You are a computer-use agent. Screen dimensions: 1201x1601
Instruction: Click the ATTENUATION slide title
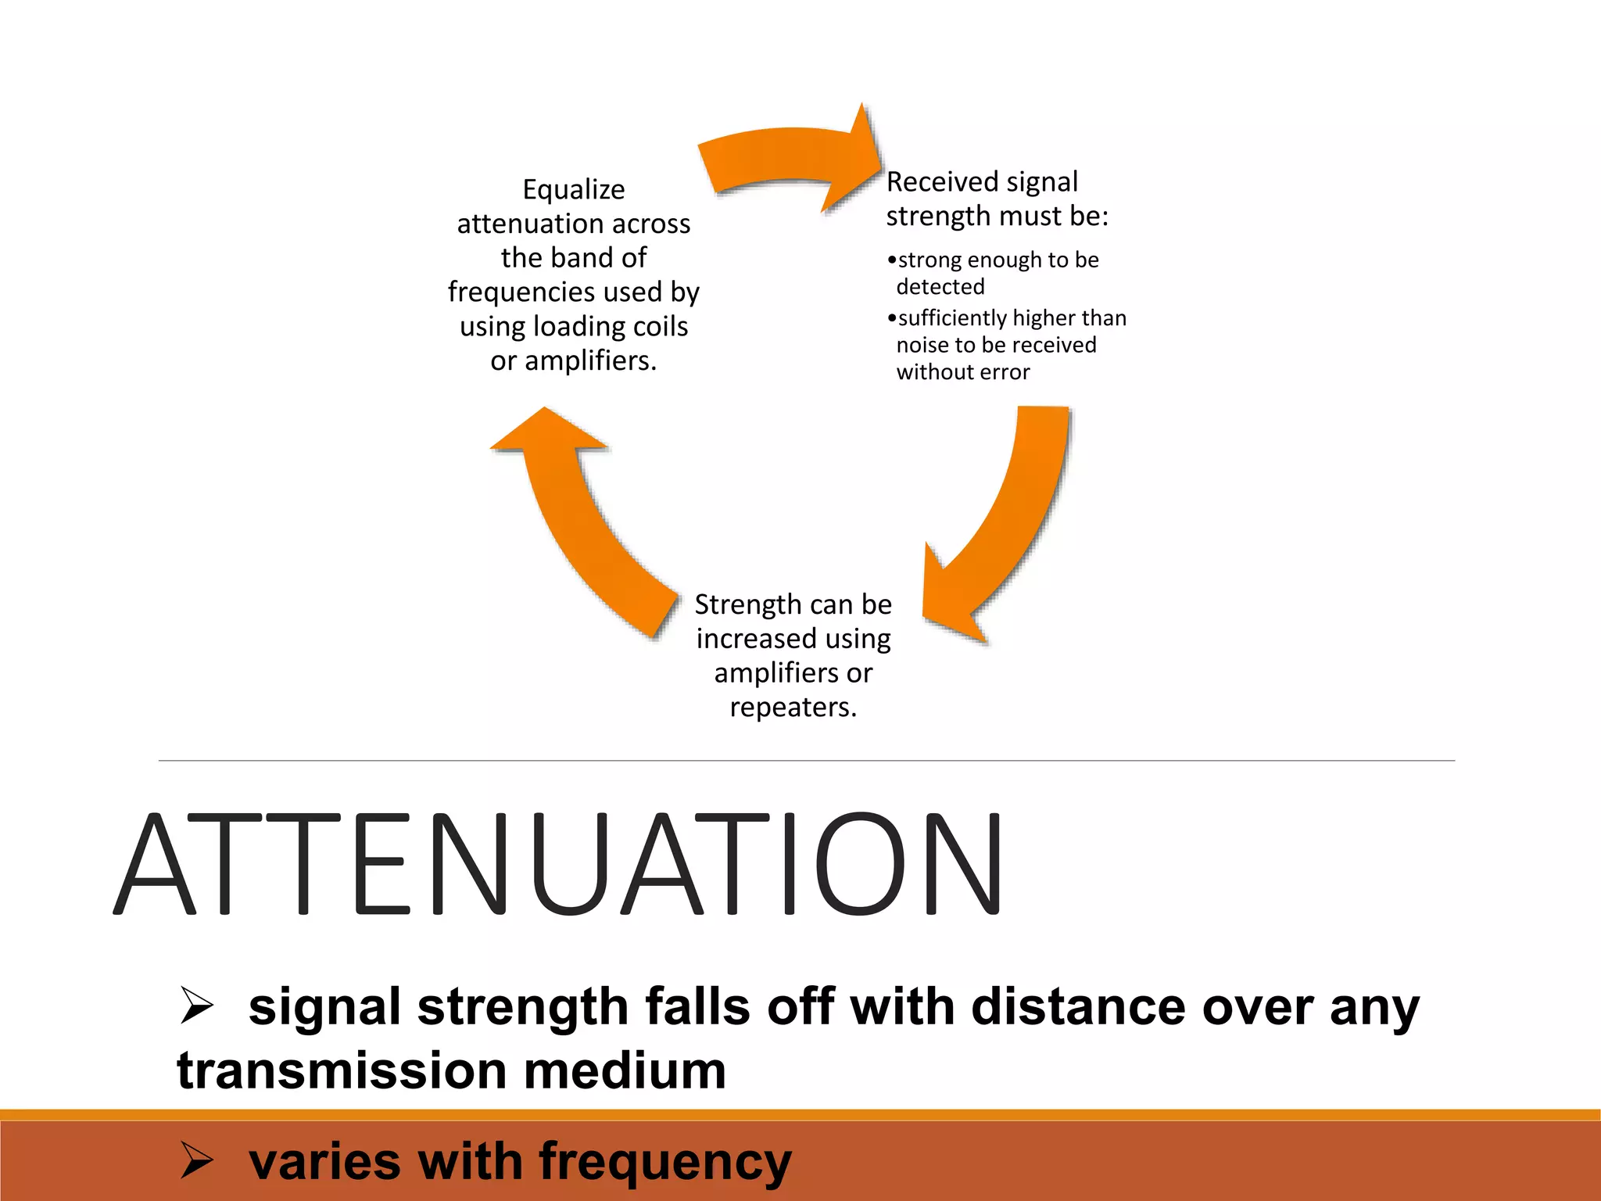pyautogui.click(x=559, y=863)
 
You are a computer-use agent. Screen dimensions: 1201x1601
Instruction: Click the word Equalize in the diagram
pyautogui.click(x=573, y=190)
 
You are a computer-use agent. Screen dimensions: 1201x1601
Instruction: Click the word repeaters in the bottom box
pyautogui.click(x=792, y=708)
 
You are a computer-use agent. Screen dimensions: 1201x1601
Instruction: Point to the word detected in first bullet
pyautogui.click(x=940, y=287)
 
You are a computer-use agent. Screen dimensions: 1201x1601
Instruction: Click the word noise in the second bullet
pyautogui.click(x=920, y=346)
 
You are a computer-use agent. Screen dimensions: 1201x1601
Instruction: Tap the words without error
pyautogui.click(x=962, y=372)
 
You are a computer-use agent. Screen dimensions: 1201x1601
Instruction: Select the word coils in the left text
pyautogui.click(x=659, y=326)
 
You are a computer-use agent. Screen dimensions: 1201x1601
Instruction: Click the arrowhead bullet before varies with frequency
pyautogui.click(x=196, y=1160)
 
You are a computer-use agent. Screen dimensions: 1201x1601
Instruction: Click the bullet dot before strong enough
pyautogui.click(x=892, y=260)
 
